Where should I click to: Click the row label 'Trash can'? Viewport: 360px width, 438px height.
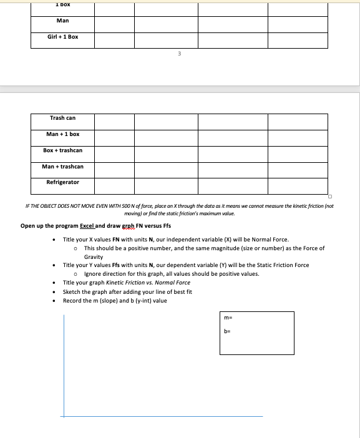(x=62, y=118)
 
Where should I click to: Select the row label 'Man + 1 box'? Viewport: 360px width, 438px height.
(x=62, y=134)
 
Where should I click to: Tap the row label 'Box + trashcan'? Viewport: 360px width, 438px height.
(x=62, y=150)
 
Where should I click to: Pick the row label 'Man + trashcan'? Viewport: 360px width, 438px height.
(x=62, y=167)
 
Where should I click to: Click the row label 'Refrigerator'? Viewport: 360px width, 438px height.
(x=62, y=182)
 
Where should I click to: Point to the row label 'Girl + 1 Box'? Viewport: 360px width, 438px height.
(x=62, y=37)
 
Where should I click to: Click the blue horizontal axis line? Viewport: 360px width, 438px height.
(x=162, y=416)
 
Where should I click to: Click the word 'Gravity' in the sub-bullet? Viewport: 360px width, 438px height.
(x=94, y=257)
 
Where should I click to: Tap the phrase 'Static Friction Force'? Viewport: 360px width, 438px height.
(x=283, y=265)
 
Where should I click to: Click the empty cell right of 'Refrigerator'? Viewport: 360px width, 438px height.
(x=115, y=185)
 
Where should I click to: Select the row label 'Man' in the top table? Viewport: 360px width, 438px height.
(x=62, y=21)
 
